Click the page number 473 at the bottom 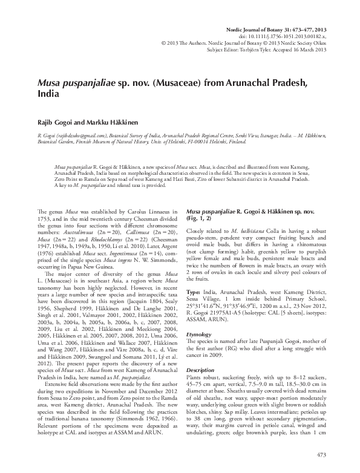[x=321, y=454]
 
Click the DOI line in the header [x=291, y=20]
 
